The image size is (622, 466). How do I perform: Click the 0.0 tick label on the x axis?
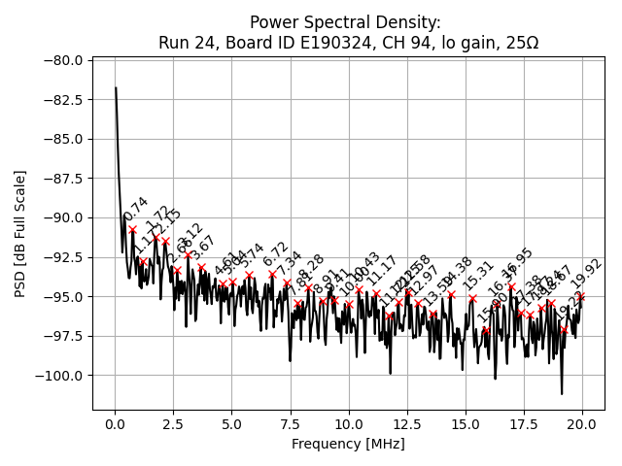pos(115,424)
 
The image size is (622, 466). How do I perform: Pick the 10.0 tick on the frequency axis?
pos(349,424)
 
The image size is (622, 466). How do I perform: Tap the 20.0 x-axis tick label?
pos(582,424)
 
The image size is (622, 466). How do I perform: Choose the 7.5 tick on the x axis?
pos(291,424)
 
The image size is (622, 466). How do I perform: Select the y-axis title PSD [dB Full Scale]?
pos(20,233)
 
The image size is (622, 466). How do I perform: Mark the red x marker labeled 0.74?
pos(132,230)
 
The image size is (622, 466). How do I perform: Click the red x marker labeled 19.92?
pos(581,296)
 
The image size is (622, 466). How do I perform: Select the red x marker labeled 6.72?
pos(272,275)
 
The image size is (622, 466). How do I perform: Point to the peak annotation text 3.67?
pos(203,250)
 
